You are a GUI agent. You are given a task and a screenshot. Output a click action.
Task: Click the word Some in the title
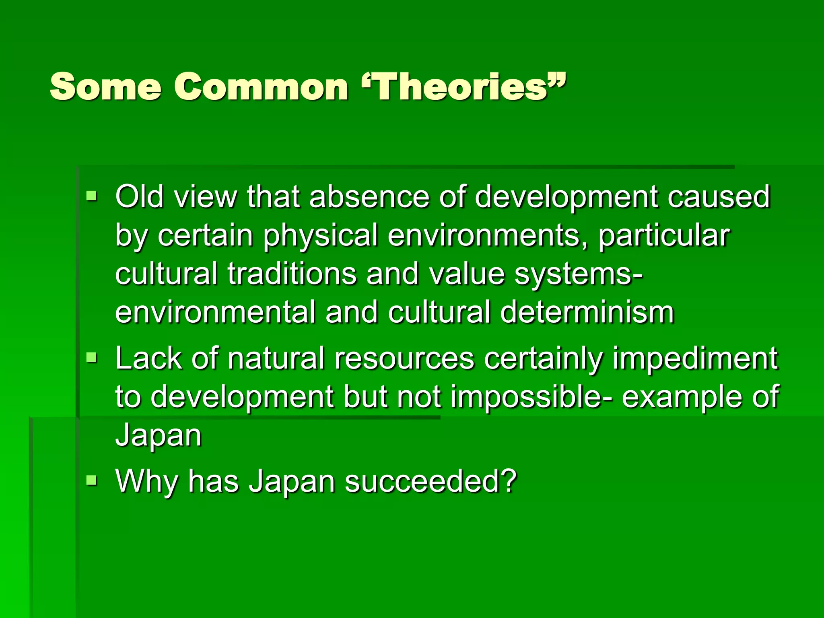[x=105, y=87]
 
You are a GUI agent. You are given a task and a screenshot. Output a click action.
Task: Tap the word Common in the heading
[x=261, y=87]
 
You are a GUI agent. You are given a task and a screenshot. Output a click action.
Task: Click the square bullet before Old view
[x=92, y=197]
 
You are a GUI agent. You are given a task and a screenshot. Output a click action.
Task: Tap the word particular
[x=664, y=236]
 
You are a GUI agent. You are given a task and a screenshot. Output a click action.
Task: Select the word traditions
[x=292, y=274]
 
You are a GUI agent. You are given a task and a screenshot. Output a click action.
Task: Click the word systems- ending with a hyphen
[x=579, y=274]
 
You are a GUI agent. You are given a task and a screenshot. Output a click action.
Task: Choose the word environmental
[x=215, y=312]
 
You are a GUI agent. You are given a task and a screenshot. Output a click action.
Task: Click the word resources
[x=404, y=358]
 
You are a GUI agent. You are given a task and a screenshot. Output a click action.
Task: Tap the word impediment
[x=695, y=358]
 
